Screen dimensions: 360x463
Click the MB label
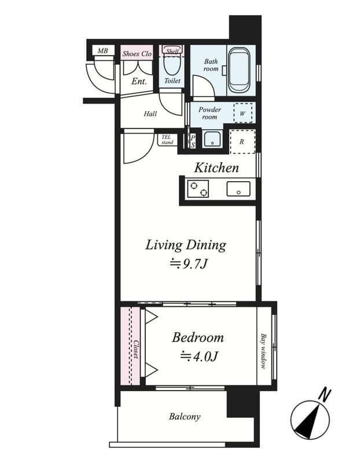coord(102,51)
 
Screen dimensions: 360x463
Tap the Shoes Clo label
coord(137,54)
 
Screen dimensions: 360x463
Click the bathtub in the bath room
coord(240,69)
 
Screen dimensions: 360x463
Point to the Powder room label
coord(210,113)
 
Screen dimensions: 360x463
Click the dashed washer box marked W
coord(243,113)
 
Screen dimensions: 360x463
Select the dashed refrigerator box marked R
coord(242,142)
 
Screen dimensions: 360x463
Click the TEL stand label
coord(167,139)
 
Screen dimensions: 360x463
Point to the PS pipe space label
coord(193,141)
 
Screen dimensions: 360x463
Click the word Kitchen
coord(216,168)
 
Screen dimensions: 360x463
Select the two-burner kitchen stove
coord(198,189)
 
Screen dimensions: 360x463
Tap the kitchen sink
coord(238,189)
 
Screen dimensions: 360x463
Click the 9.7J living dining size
coord(189,264)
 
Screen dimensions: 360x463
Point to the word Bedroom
coord(197,337)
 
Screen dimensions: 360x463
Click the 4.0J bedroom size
coord(199,357)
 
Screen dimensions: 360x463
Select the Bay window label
coord(263,351)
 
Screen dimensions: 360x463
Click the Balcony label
coord(185,417)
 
